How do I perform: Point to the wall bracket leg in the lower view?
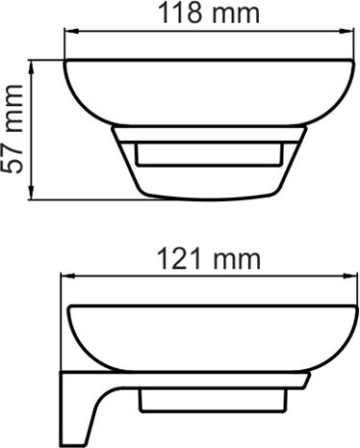pos(77,405)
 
